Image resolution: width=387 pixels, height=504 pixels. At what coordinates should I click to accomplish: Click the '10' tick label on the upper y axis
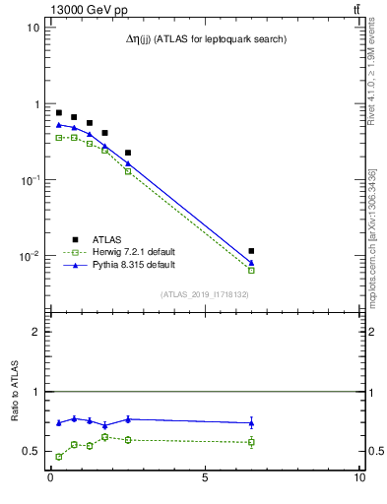pyautogui.click(x=32, y=28)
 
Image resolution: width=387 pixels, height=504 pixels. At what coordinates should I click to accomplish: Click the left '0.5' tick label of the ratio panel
pyautogui.click(x=32, y=452)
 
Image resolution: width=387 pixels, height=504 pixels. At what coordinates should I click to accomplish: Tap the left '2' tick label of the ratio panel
pyautogui.click(x=36, y=332)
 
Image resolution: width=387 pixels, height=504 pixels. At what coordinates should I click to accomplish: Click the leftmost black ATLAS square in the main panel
pyautogui.click(x=59, y=113)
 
